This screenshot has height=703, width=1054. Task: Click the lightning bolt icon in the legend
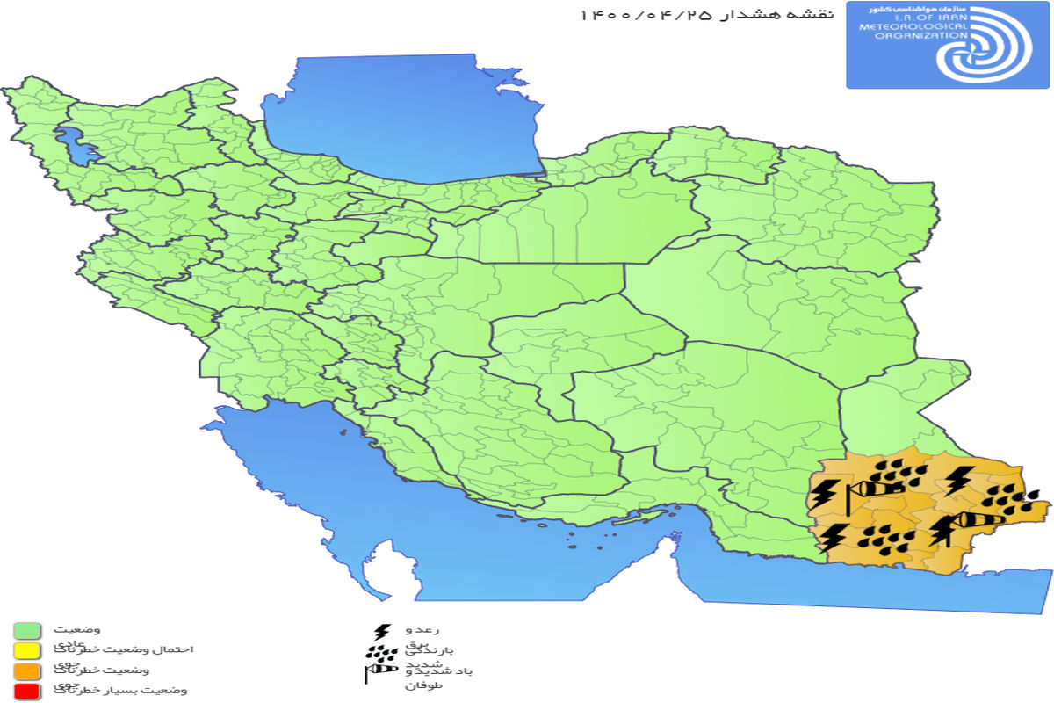point(382,633)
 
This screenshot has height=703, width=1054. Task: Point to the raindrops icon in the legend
point(380,653)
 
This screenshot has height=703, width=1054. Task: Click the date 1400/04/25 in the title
point(645,15)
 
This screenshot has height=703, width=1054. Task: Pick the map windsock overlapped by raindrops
point(879,487)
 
